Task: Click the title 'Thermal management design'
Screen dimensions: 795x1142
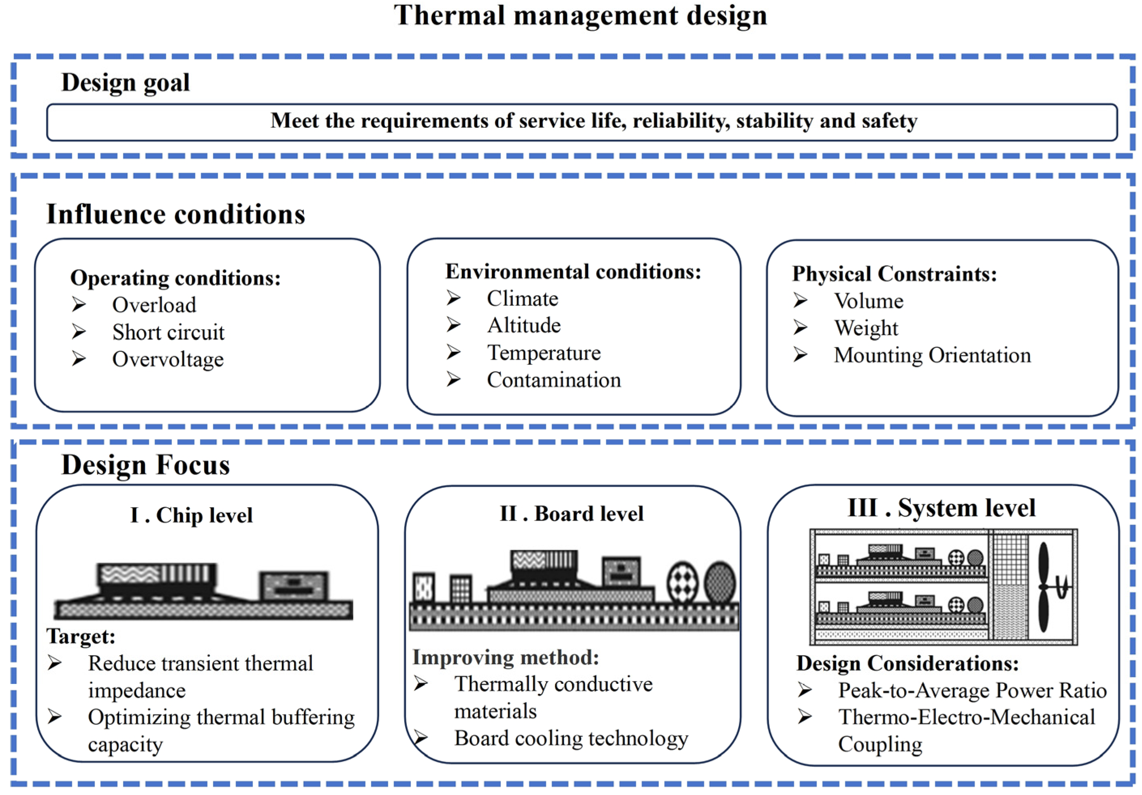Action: (580, 15)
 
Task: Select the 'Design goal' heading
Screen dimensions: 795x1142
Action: (125, 82)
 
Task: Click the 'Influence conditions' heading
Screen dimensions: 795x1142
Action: (175, 214)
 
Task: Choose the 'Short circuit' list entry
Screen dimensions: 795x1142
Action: (168, 332)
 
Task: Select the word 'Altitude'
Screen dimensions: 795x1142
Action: (524, 326)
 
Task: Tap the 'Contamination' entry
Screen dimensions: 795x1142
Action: (554, 380)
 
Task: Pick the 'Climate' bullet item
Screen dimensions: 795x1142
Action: (522, 299)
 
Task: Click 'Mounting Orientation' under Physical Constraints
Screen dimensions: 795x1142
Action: (932, 356)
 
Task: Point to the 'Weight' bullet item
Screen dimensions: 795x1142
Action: (866, 328)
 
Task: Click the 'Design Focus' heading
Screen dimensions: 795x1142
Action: (145, 465)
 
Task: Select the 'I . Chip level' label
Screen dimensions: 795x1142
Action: (192, 515)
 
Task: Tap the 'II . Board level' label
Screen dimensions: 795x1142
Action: (572, 514)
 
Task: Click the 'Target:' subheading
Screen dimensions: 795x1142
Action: (81, 636)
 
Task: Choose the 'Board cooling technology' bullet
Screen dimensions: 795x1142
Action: (571, 738)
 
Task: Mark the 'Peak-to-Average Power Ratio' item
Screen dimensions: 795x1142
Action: (972, 690)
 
